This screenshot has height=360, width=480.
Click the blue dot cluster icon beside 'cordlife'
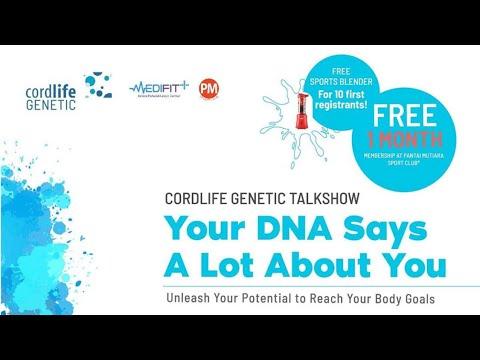pyautogui.click(x=97, y=86)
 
